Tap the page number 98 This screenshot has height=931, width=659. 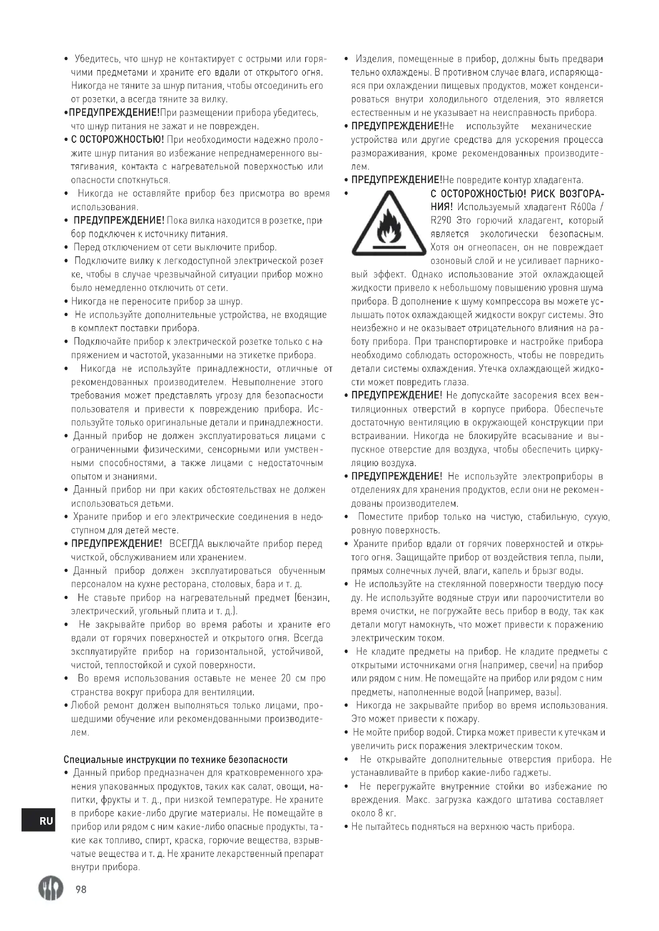[81, 889]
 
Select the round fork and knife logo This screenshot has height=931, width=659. [51, 888]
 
